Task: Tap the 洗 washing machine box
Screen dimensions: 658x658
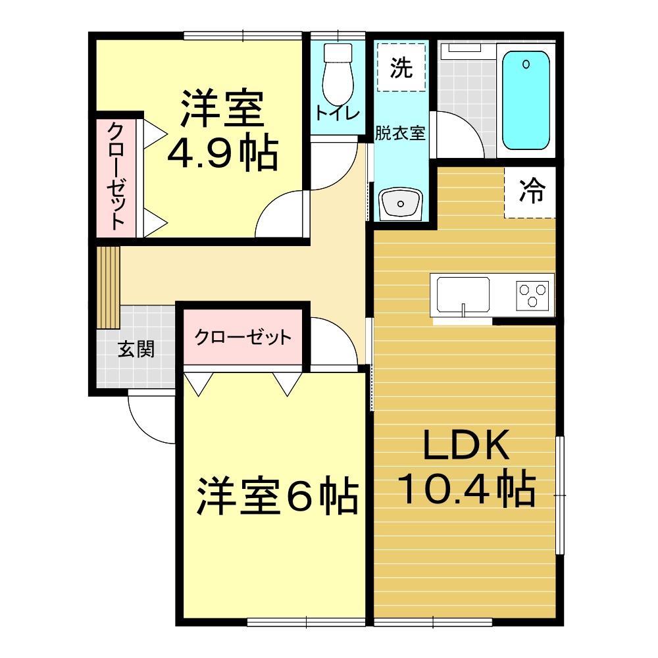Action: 401,67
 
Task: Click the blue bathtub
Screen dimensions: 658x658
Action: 526,101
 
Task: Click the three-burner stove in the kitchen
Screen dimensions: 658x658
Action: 532,294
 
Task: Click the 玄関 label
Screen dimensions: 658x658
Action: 136,349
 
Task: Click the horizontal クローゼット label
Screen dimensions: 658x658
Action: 242,338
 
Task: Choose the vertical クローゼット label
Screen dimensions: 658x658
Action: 116,176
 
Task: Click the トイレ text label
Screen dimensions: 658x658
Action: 338,113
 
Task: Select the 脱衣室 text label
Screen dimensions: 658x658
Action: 400,133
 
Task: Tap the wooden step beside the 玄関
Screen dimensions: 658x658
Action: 108,287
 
